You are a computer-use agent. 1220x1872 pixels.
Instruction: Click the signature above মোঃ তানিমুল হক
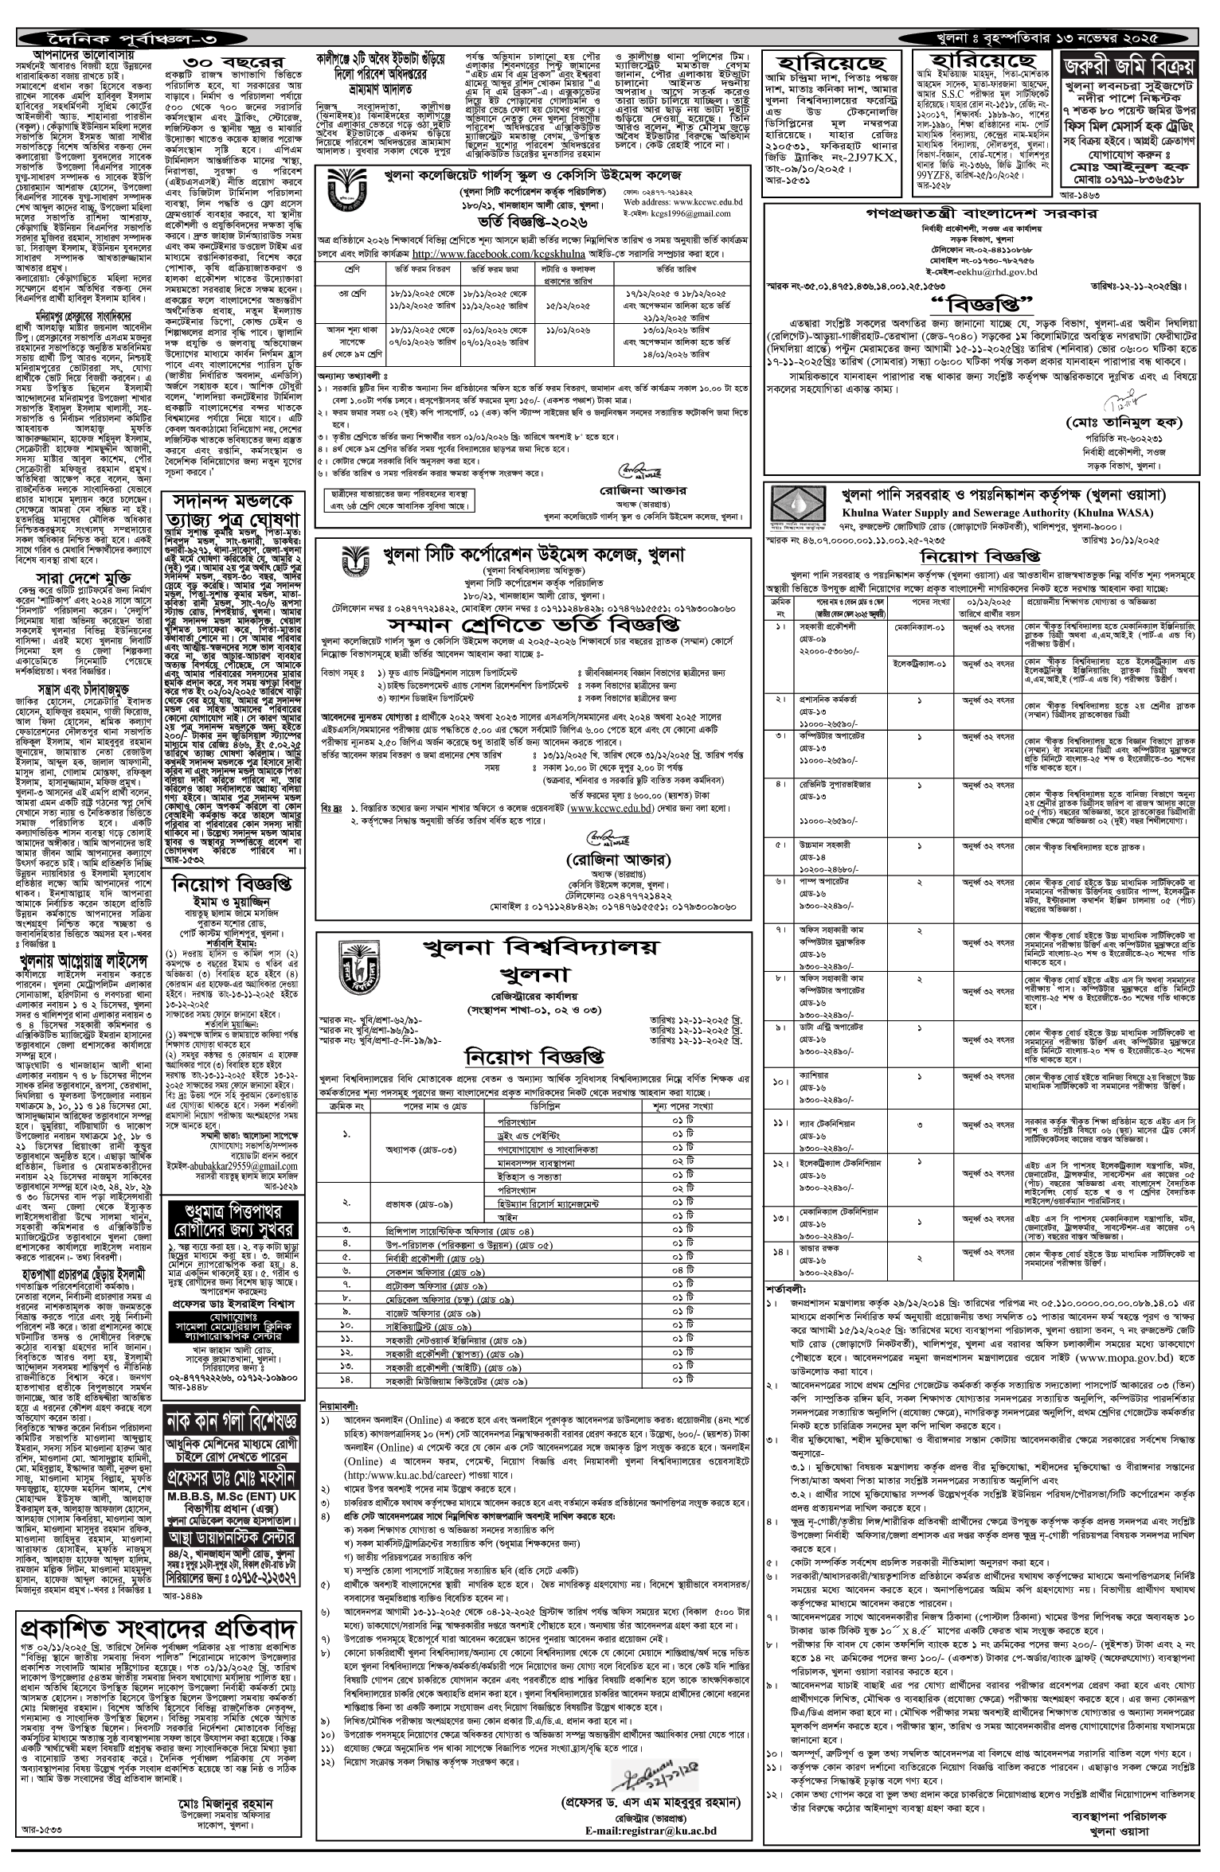pyautogui.click(x=1117, y=396)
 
